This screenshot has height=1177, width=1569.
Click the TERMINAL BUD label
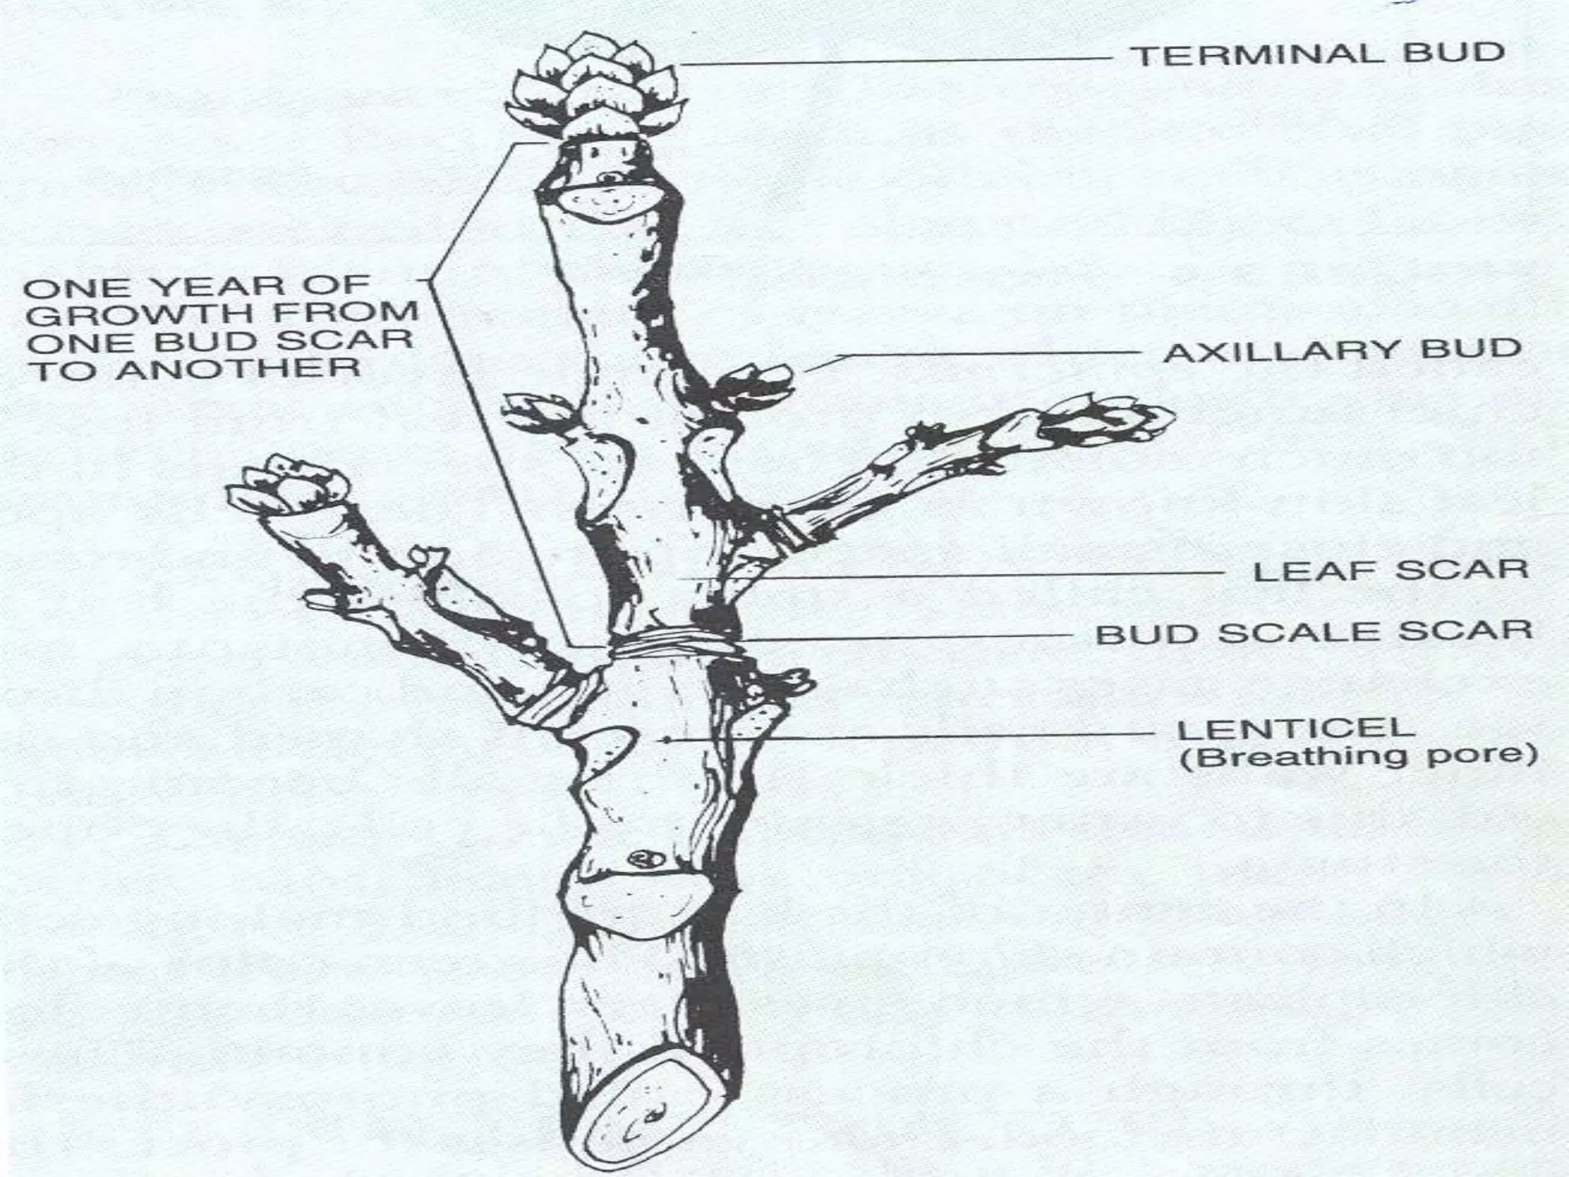click(1318, 54)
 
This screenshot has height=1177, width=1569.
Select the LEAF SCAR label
click(1390, 571)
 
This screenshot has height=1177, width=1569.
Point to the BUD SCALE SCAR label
click(1314, 633)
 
